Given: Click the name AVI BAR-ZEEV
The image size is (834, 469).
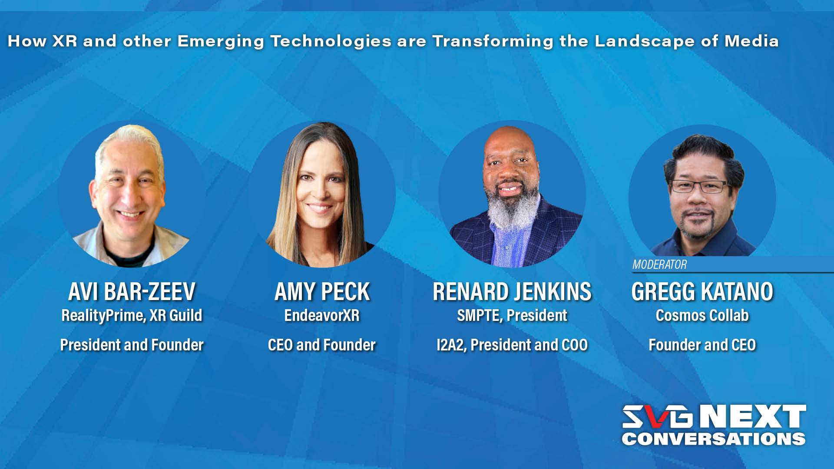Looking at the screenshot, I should click(x=132, y=291).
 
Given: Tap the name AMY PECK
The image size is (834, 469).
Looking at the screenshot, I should click(x=322, y=291).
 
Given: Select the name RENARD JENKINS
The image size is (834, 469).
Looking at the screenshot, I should click(x=512, y=291).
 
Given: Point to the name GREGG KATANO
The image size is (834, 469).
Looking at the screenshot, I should click(x=702, y=291).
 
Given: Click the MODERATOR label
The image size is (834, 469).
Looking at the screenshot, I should click(x=659, y=264).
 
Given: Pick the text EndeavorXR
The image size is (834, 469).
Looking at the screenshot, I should click(x=322, y=316).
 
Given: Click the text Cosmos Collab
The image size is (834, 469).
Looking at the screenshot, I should click(x=702, y=316).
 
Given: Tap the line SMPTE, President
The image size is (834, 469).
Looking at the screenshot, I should click(x=512, y=316).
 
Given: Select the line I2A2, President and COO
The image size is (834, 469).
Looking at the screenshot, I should click(x=512, y=345).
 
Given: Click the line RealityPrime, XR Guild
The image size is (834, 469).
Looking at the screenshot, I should click(x=132, y=316).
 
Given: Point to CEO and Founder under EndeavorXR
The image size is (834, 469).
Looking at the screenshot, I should click(x=322, y=345).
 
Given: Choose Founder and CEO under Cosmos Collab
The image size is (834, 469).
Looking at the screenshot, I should click(x=702, y=345).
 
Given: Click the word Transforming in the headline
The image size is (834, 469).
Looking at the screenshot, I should click(x=493, y=41).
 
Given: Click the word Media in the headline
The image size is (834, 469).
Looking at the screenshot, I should click(x=751, y=41).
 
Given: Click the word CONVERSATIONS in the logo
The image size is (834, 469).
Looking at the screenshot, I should click(x=713, y=439).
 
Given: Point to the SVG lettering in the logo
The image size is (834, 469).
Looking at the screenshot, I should click(x=657, y=416).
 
